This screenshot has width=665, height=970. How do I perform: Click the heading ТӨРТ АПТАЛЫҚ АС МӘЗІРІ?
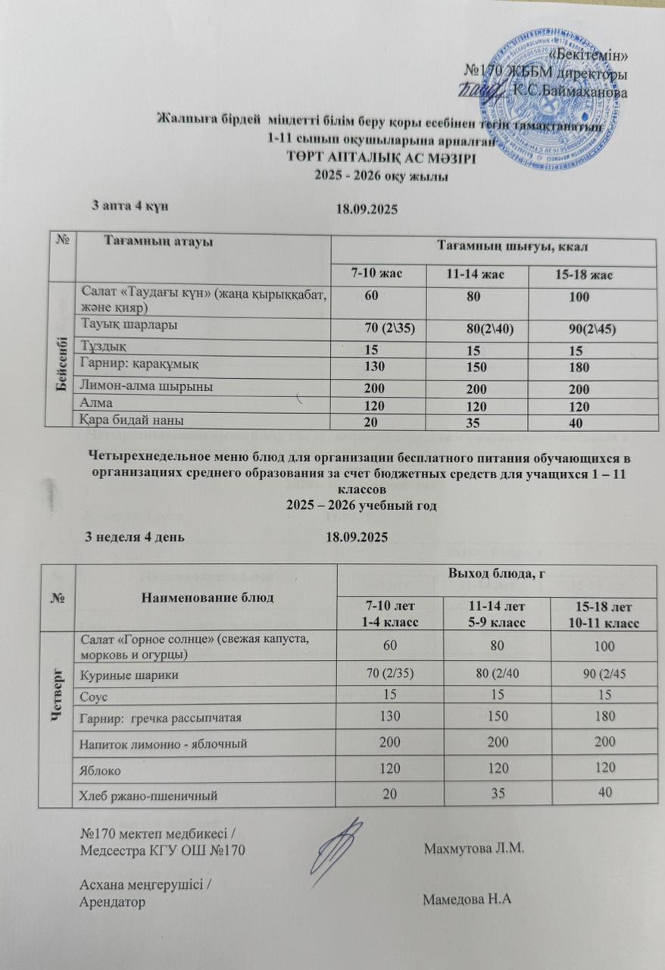click(x=382, y=159)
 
